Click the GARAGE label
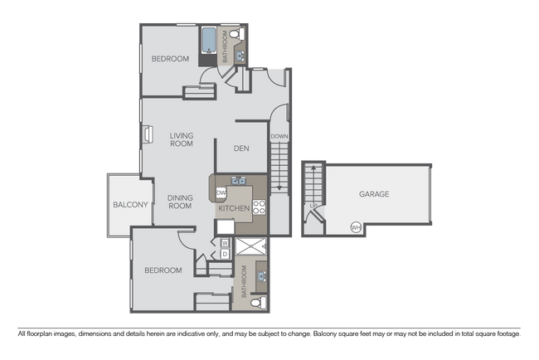374,194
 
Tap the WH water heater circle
356,226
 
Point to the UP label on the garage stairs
313,206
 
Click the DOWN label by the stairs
279,136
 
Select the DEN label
241,149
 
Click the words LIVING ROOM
182,139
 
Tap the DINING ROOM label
180,201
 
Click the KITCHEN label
234,208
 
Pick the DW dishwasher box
221,193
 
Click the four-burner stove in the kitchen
259,207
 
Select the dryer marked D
224,253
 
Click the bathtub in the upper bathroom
208,41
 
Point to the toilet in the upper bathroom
235,34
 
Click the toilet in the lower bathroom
258,301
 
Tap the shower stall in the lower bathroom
250,246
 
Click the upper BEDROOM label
170,59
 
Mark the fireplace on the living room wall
146,134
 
